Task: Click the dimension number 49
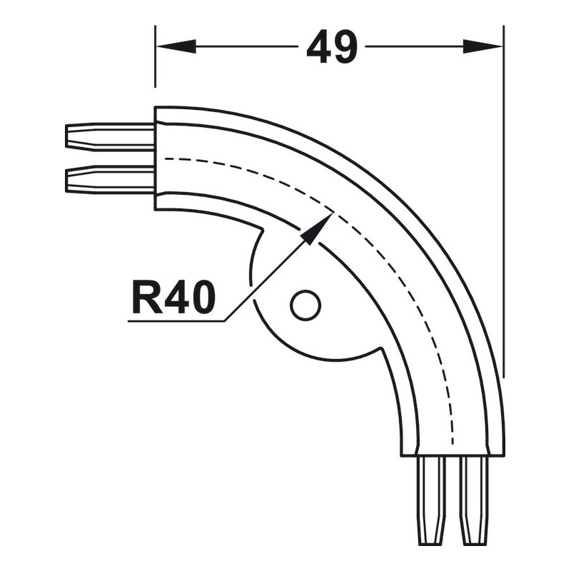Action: coord(332,46)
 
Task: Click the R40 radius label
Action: coord(173,297)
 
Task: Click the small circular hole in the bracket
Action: coord(305,305)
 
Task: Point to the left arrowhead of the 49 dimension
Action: coord(176,46)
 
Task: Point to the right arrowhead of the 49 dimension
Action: coord(482,46)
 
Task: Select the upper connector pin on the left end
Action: coord(110,137)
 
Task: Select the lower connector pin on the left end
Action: coord(110,179)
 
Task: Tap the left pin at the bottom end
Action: coord(432,500)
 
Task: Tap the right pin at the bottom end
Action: coord(474,500)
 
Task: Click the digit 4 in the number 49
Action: coord(318,46)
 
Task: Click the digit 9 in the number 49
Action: coord(345,46)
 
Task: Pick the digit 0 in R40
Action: coord(202,298)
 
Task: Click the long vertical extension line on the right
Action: coord(504,201)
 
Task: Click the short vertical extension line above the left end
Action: coord(155,56)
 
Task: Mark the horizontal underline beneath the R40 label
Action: coord(176,320)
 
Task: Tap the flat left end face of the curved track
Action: coord(155,158)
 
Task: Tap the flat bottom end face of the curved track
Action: coord(453,455)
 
